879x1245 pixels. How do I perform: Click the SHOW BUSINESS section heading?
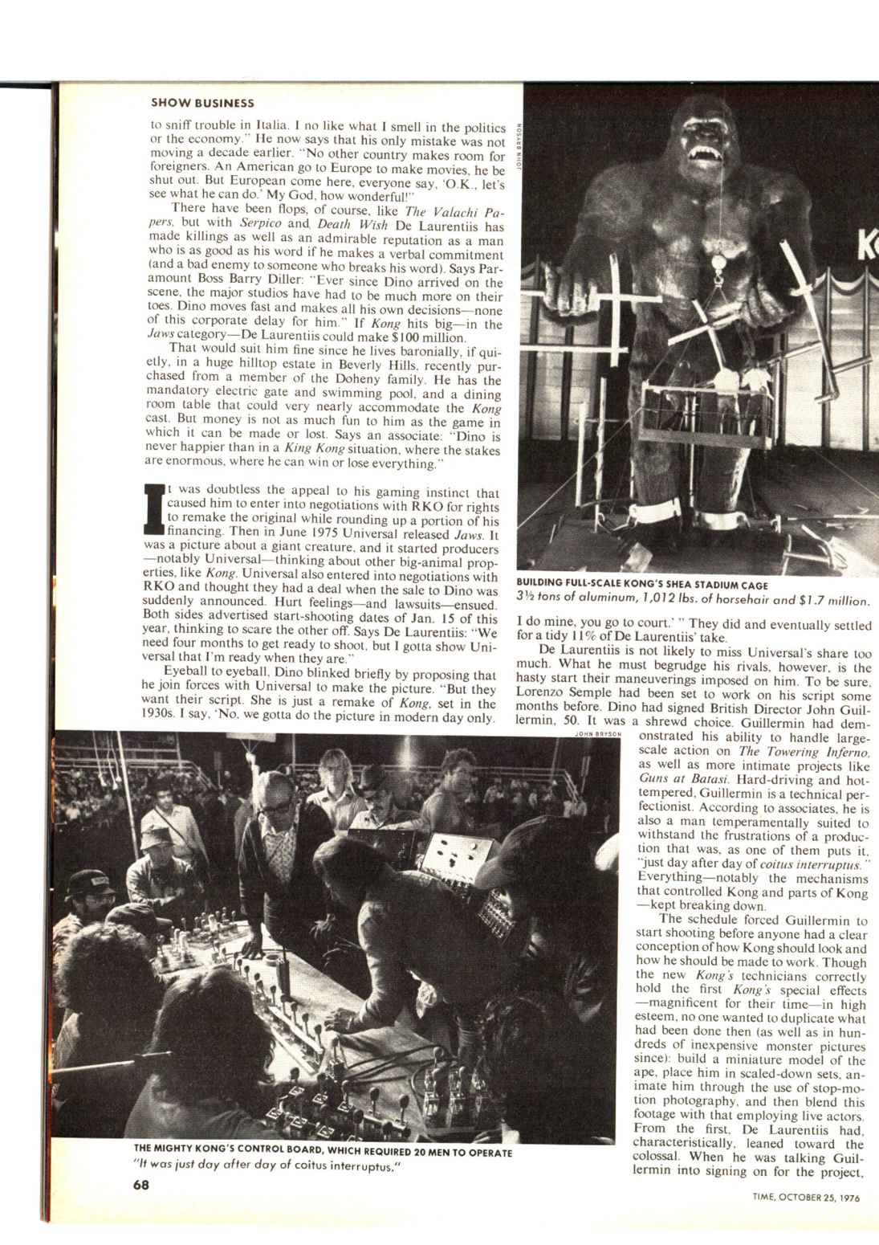[202, 103]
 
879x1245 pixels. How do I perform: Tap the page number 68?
[142, 1185]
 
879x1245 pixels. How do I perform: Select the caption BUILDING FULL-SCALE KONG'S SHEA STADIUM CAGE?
[643, 585]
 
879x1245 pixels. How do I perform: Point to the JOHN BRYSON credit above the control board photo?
[597, 733]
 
